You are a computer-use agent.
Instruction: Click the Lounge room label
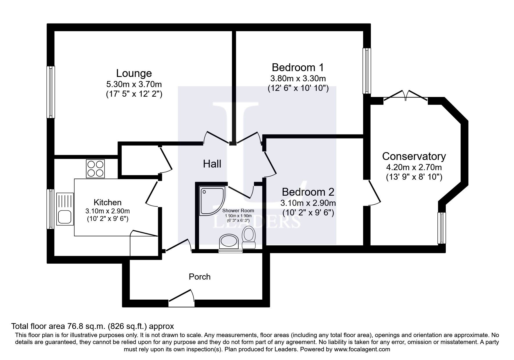134,73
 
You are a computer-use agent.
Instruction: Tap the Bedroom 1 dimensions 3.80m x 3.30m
298,78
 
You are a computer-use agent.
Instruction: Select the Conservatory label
414,156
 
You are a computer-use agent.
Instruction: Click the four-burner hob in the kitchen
95,169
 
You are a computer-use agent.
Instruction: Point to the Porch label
199,277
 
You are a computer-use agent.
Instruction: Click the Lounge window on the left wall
51,92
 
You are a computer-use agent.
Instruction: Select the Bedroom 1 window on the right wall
367,71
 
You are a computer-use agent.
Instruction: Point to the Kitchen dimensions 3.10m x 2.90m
107,211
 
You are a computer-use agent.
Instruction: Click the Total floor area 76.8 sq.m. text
92,326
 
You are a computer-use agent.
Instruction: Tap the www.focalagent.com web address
361,349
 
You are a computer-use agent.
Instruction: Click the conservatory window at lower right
441,228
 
